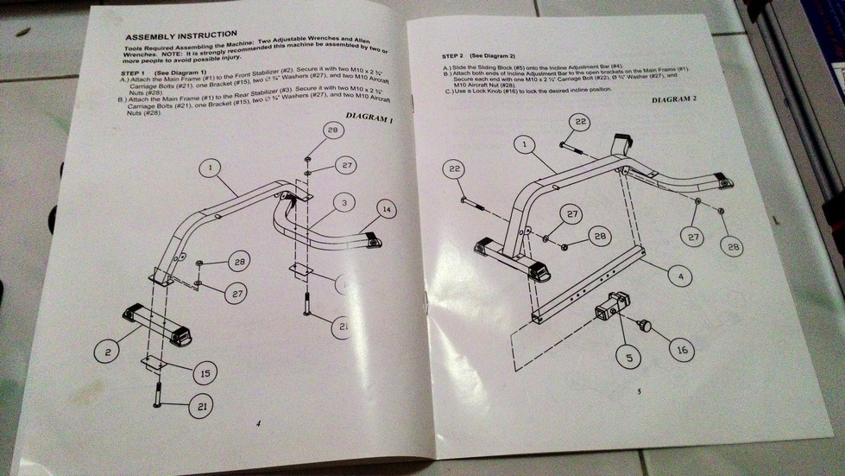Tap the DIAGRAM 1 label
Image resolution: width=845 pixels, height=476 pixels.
coord(369,117)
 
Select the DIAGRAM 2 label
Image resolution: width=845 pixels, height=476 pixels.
coord(674,100)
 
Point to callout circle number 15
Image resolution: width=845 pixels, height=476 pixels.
coord(205,373)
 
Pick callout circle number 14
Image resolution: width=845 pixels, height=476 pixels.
coord(386,209)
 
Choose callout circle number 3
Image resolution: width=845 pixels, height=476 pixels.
coord(343,203)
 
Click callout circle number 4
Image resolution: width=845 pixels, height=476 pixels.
coord(680,276)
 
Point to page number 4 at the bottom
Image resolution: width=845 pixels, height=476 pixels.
coord(258,422)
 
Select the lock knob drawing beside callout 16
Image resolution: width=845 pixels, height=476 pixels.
coord(643,326)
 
